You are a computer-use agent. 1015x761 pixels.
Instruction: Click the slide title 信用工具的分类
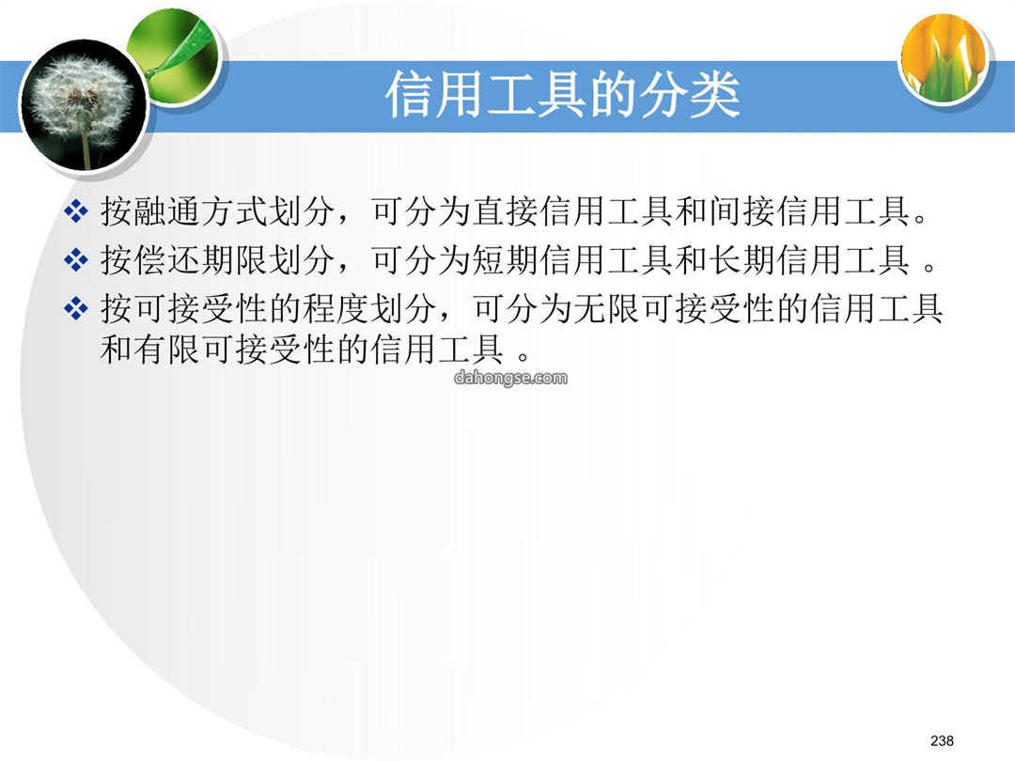coord(563,95)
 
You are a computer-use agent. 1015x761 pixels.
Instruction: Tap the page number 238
coord(942,740)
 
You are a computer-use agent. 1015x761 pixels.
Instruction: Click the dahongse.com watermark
coord(510,378)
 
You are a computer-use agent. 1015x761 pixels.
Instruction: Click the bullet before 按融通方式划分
coord(76,211)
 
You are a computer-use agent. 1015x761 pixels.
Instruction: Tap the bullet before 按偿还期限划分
coord(76,260)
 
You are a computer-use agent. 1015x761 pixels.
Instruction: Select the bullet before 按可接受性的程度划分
coord(76,308)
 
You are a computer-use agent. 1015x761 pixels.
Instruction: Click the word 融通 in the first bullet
coord(167,211)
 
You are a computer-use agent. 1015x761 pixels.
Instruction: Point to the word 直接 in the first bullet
coord(506,211)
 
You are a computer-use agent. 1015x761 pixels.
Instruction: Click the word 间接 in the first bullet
coord(742,211)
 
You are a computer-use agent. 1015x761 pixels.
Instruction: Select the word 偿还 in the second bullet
coord(167,260)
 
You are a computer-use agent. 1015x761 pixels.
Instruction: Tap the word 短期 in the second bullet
coord(506,260)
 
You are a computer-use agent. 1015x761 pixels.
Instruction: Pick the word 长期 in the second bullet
coord(742,260)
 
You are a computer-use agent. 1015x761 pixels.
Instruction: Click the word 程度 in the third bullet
coord(336,308)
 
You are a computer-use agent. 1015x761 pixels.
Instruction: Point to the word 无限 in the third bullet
coord(606,308)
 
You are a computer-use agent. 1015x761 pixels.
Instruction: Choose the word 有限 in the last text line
coord(167,349)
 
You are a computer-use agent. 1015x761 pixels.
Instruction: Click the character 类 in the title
coord(714,95)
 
